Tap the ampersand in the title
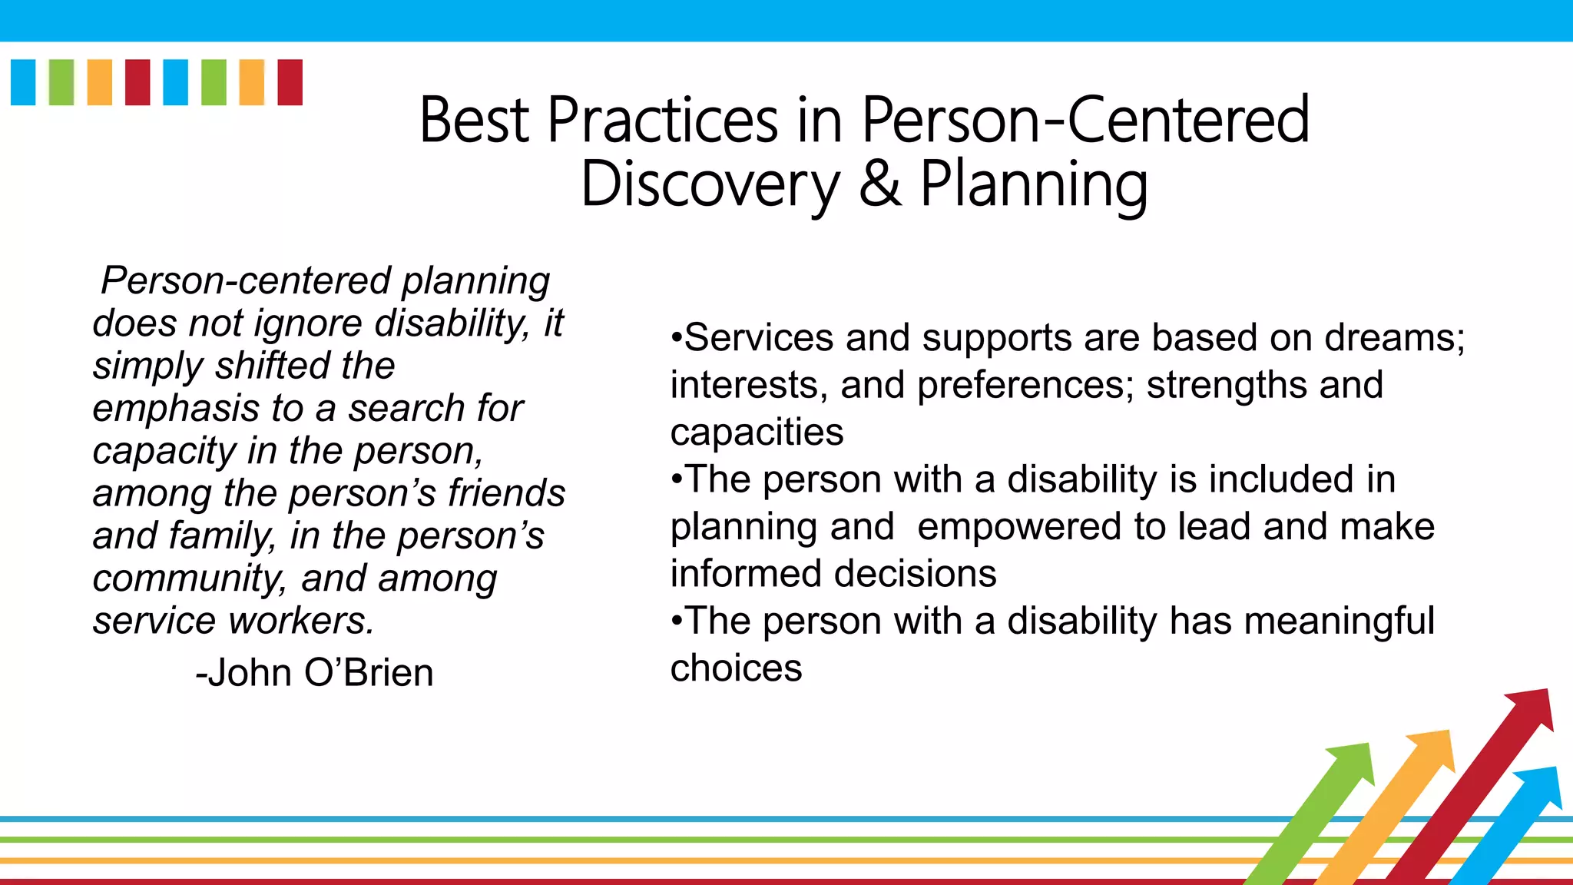(880, 184)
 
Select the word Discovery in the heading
(710, 186)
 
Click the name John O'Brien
(315, 673)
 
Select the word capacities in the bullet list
(757, 433)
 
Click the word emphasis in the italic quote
(176, 409)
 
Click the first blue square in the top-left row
(23, 82)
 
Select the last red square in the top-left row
(290, 82)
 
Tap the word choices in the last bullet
(736, 668)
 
